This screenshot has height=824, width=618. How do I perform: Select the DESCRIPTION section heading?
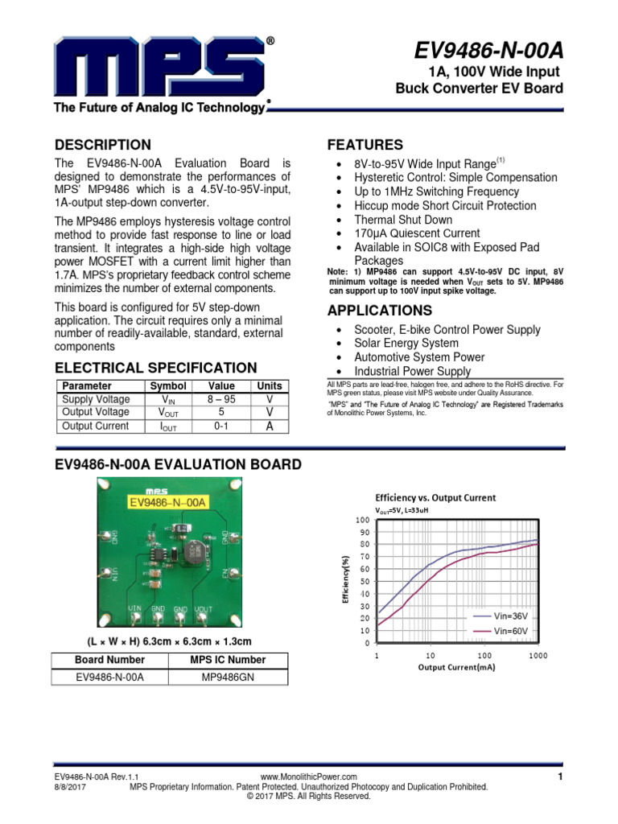click(102, 145)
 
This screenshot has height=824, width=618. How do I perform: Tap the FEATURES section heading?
click(365, 145)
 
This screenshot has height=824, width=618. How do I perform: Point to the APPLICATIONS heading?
click(379, 311)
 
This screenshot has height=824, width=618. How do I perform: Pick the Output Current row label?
click(95, 426)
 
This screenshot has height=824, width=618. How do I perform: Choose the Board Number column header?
click(109, 660)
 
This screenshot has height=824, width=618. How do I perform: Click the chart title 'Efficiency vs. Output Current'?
click(435, 497)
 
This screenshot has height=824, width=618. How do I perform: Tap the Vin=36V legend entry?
click(510, 616)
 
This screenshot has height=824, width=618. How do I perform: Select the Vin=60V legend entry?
click(510, 631)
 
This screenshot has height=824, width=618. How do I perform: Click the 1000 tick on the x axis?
click(538, 656)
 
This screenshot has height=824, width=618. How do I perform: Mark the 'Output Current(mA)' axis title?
click(456, 667)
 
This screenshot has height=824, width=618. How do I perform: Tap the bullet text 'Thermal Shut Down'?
click(403, 220)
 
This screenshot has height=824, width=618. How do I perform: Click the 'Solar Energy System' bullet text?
click(406, 344)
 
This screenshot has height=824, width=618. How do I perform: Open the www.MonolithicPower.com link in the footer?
click(309, 777)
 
